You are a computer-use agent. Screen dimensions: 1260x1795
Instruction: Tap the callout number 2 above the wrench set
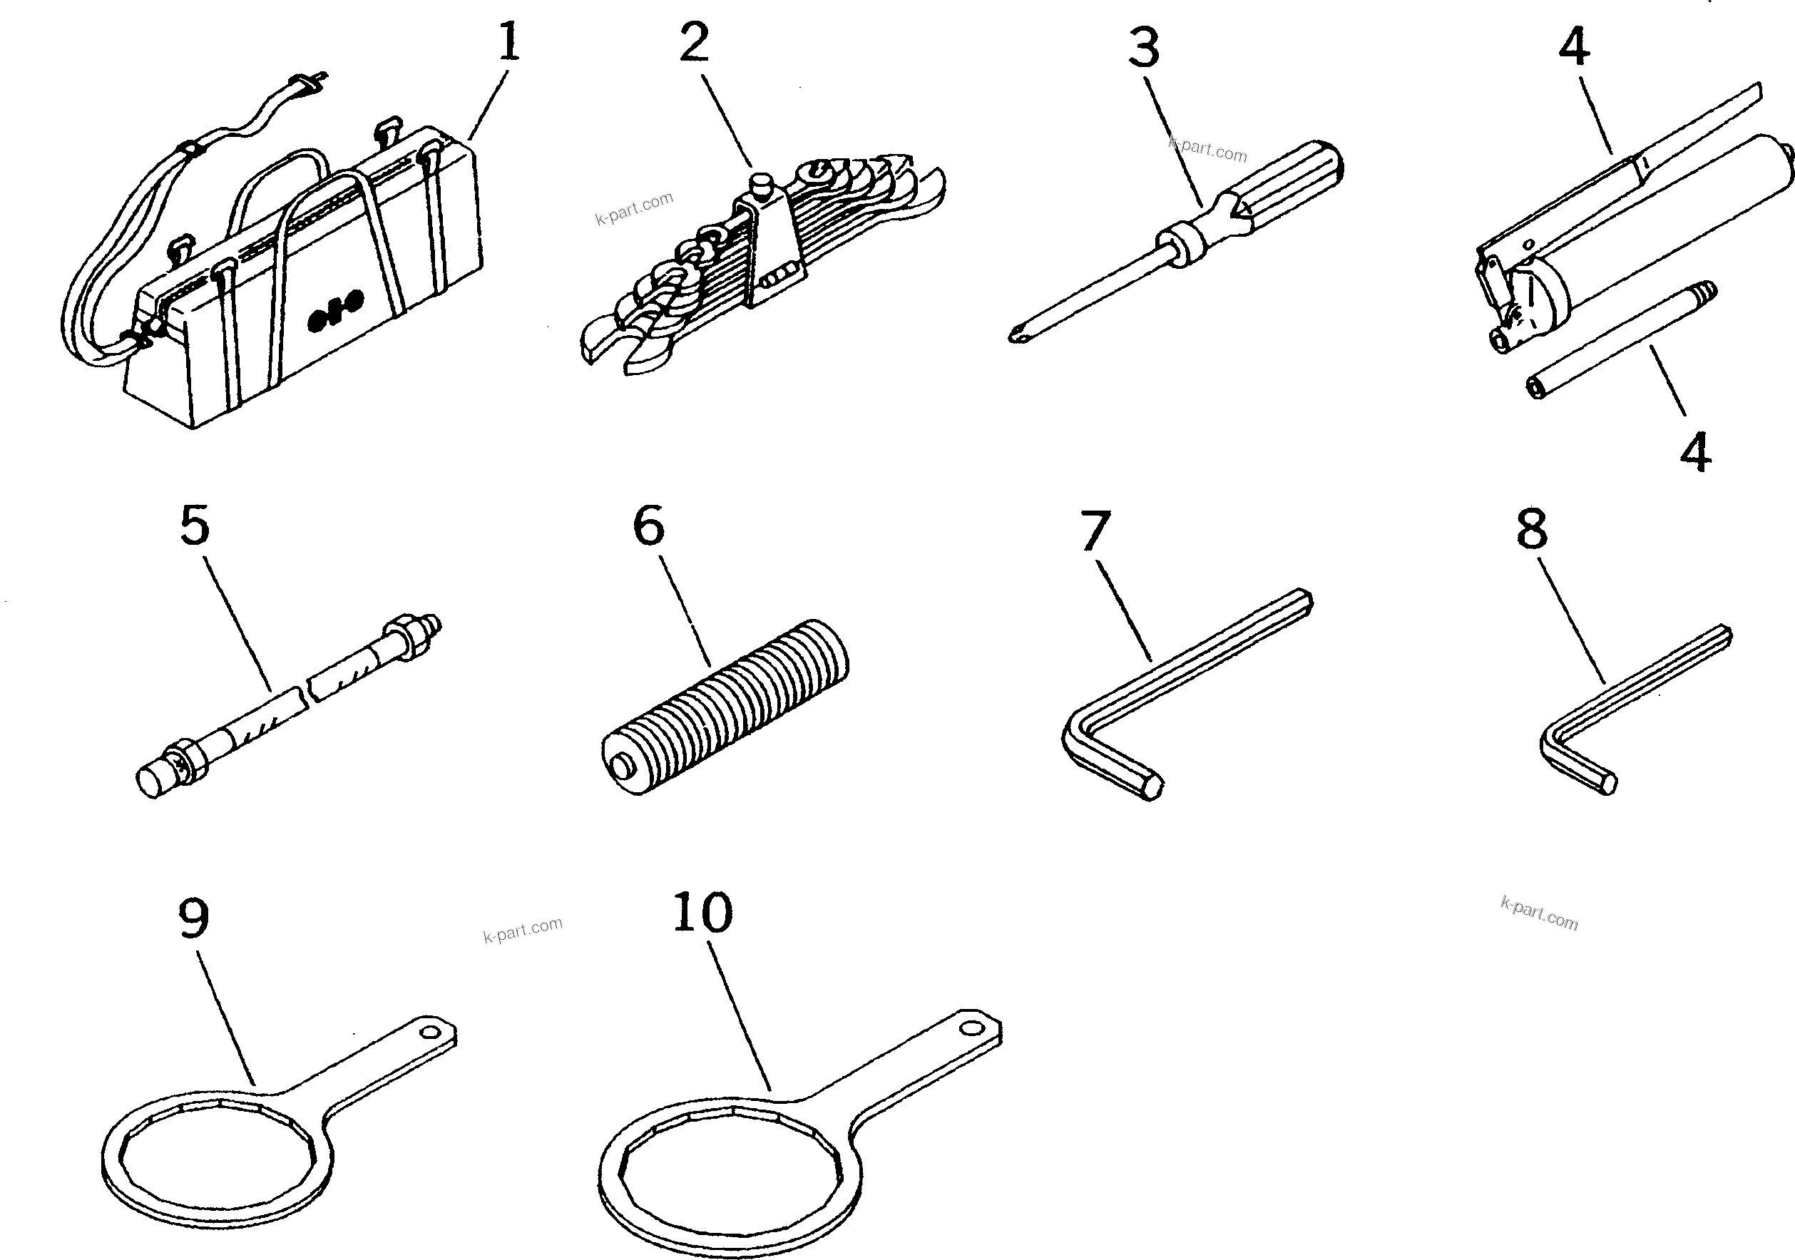coord(694,43)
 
